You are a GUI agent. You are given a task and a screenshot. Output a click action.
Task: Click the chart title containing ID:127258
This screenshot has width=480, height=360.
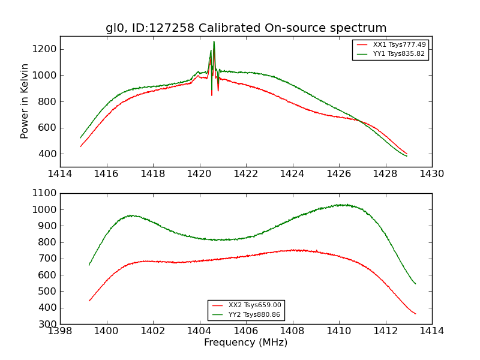click(x=246, y=28)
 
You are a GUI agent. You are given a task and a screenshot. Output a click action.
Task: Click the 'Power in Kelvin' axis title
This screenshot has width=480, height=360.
click(x=25, y=101)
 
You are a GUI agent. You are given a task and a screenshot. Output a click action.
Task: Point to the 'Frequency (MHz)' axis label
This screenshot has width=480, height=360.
click(x=246, y=343)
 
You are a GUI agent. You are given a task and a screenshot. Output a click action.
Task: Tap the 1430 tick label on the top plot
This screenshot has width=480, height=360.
click(x=431, y=174)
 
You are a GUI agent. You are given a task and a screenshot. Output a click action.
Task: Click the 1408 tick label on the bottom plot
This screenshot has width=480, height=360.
click(x=292, y=331)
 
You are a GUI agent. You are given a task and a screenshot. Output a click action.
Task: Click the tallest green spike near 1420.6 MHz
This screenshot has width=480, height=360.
click(x=214, y=41)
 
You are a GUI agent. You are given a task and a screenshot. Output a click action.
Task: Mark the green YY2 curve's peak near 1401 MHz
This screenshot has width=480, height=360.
click(x=130, y=215)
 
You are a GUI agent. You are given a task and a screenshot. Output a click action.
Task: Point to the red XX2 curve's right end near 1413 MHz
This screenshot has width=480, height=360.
click(x=415, y=314)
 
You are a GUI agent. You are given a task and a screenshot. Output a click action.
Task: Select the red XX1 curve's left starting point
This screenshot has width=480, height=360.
click(x=80, y=146)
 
